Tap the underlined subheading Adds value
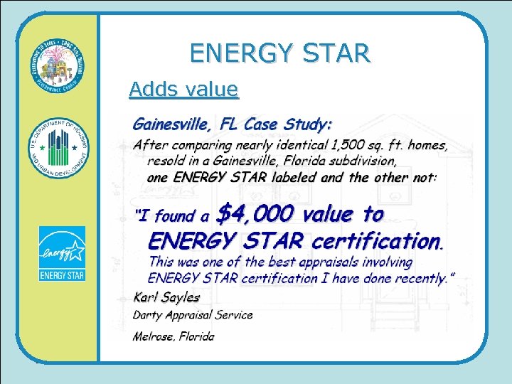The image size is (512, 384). (183, 89)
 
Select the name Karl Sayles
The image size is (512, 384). (166, 297)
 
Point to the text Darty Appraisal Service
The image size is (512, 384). (192, 314)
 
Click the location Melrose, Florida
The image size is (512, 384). (173, 336)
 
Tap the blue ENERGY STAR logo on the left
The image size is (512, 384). (62, 253)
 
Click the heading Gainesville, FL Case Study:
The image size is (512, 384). (232, 124)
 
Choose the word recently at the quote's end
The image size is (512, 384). (419, 278)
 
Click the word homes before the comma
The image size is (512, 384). (426, 145)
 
